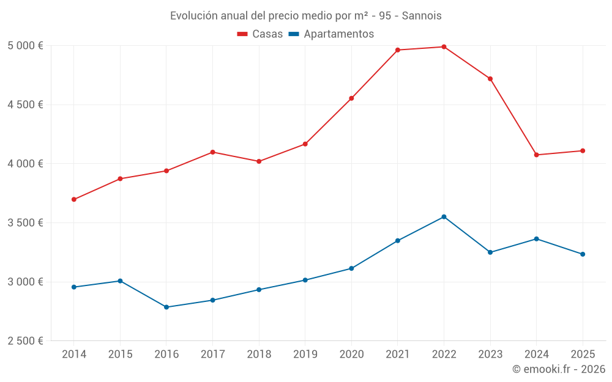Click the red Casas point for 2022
[x=444, y=46]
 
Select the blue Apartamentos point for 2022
[x=444, y=217]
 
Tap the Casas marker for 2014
[x=74, y=199]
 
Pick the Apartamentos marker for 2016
[x=166, y=307]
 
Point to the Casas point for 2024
[x=536, y=155]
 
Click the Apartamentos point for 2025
[x=582, y=254]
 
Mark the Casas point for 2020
[x=351, y=98]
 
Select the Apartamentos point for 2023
[x=490, y=252]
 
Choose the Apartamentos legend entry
[x=331, y=34]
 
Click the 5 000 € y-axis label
[x=25, y=46]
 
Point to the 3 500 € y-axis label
[x=25, y=223]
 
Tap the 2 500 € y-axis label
[x=25, y=341]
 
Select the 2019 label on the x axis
[x=305, y=354]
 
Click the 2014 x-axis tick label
[x=74, y=354]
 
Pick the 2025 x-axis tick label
[x=582, y=354]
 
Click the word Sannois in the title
[x=422, y=16]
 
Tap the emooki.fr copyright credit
[x=558, y=369]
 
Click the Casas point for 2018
[x=259, y=161]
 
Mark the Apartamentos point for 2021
[x=398, y=241]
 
